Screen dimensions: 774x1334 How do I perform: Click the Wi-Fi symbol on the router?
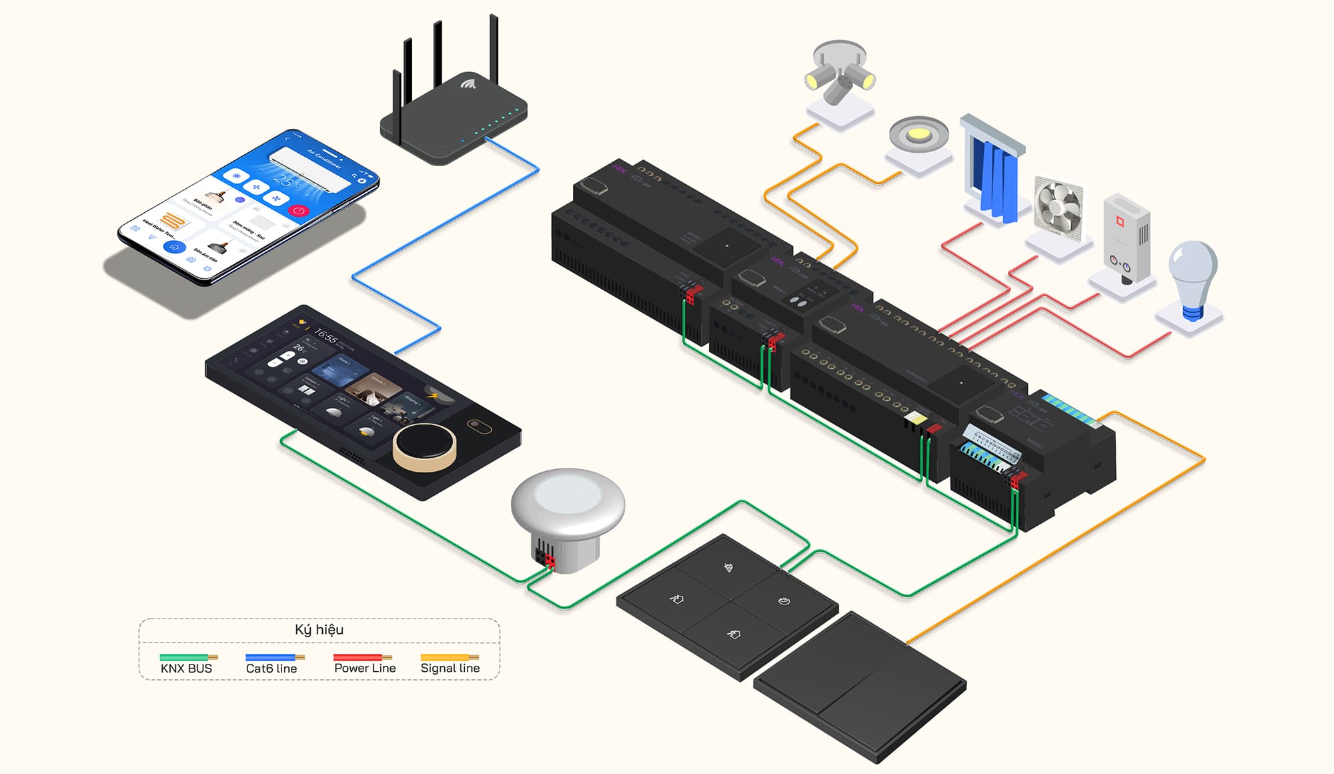468,85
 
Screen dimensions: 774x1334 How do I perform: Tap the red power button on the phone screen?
298,210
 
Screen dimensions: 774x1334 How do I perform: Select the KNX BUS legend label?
186,668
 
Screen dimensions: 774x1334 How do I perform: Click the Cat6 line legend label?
271,668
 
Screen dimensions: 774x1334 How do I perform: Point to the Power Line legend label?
365,668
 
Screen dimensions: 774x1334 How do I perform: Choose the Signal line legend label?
450,668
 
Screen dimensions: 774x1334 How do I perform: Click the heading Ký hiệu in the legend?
319,629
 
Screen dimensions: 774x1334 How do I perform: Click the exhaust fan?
1059,208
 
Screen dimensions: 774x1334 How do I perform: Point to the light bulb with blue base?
1193,277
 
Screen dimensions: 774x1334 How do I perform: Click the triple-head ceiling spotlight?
839,75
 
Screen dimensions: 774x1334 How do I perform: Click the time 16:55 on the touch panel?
325,336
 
